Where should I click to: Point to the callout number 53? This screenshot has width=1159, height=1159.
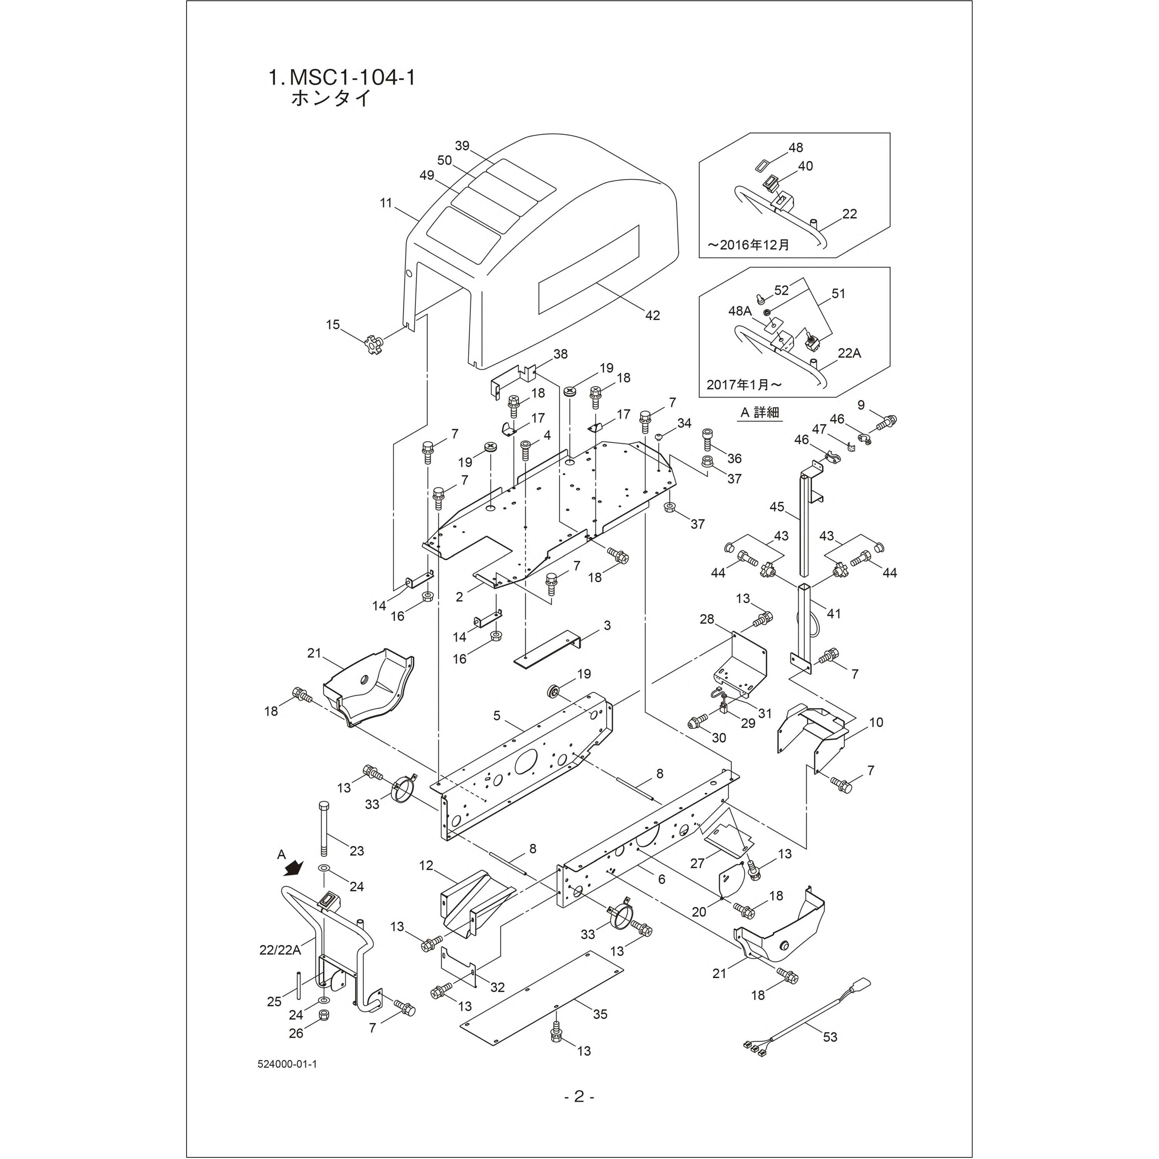click(x=830, y=1037)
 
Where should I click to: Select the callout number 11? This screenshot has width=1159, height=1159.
click(x=386, y=203)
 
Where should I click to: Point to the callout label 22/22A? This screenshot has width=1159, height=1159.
click(x=280, y=949)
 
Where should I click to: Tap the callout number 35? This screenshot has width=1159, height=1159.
click(x=600, y=1014)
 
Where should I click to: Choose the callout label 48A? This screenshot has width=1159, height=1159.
click(x=740, y=311)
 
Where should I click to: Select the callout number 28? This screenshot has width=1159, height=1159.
click(x=707, y=619)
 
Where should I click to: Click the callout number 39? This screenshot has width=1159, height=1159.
click(x=462, y=146)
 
